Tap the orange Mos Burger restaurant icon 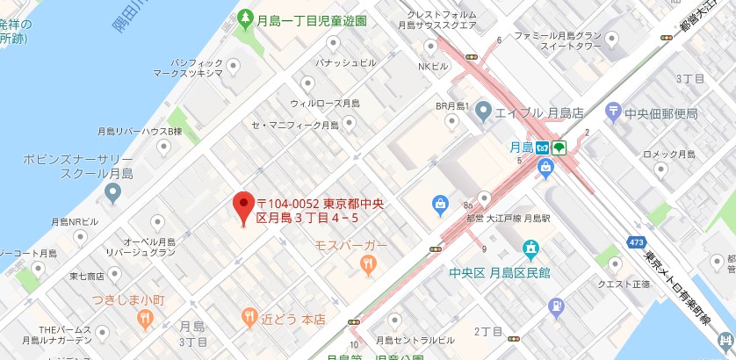(x=371, y=262)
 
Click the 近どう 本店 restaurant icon (x=249, y=316)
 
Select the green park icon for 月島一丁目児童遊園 (x=245, y=18)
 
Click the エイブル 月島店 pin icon (x=482, y=112)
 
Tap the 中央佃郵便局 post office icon (x=612, y=112)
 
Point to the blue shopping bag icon (x=440, y=205)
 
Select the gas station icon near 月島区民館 (x=555, y=306)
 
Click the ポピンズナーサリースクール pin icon (x=112, y=191)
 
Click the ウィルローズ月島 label (x=324, y=104)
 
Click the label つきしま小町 (x=128, y=299)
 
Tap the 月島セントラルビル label (x=415, y=340)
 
